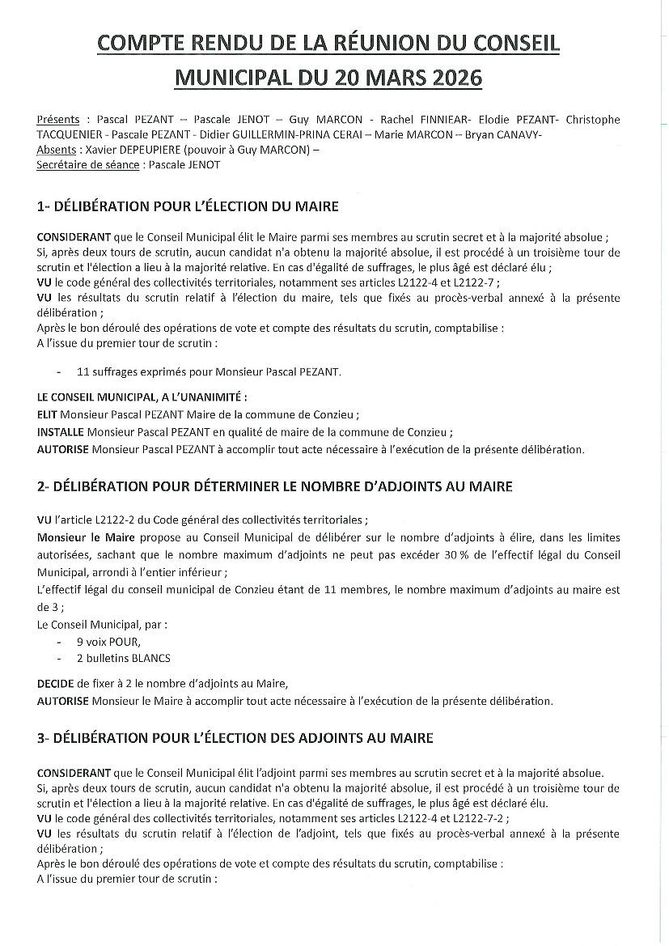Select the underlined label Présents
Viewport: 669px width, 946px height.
[x=58, y=119]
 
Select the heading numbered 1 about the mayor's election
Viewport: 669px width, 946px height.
[x=188, y=206]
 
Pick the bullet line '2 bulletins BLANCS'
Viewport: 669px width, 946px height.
[x=123, y=658]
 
